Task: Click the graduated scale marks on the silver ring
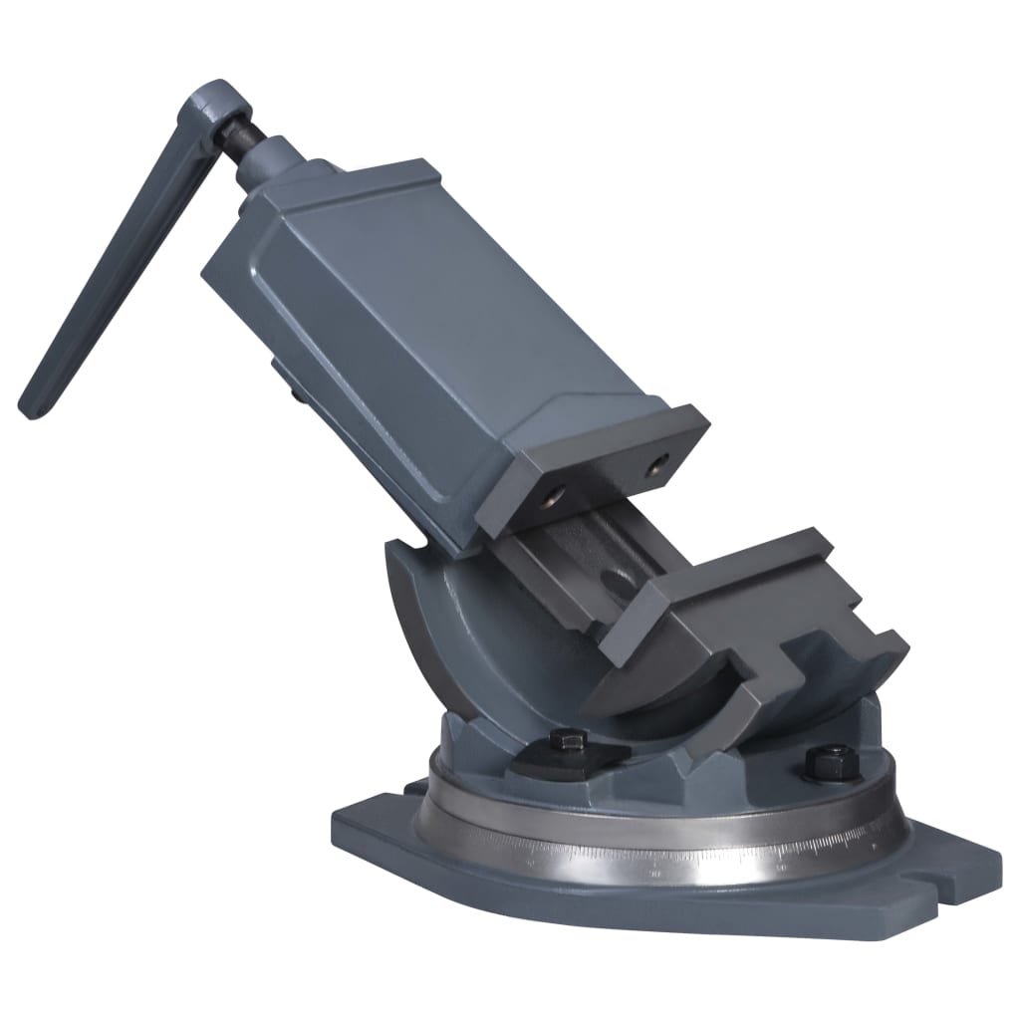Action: click(x=697, y=857)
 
